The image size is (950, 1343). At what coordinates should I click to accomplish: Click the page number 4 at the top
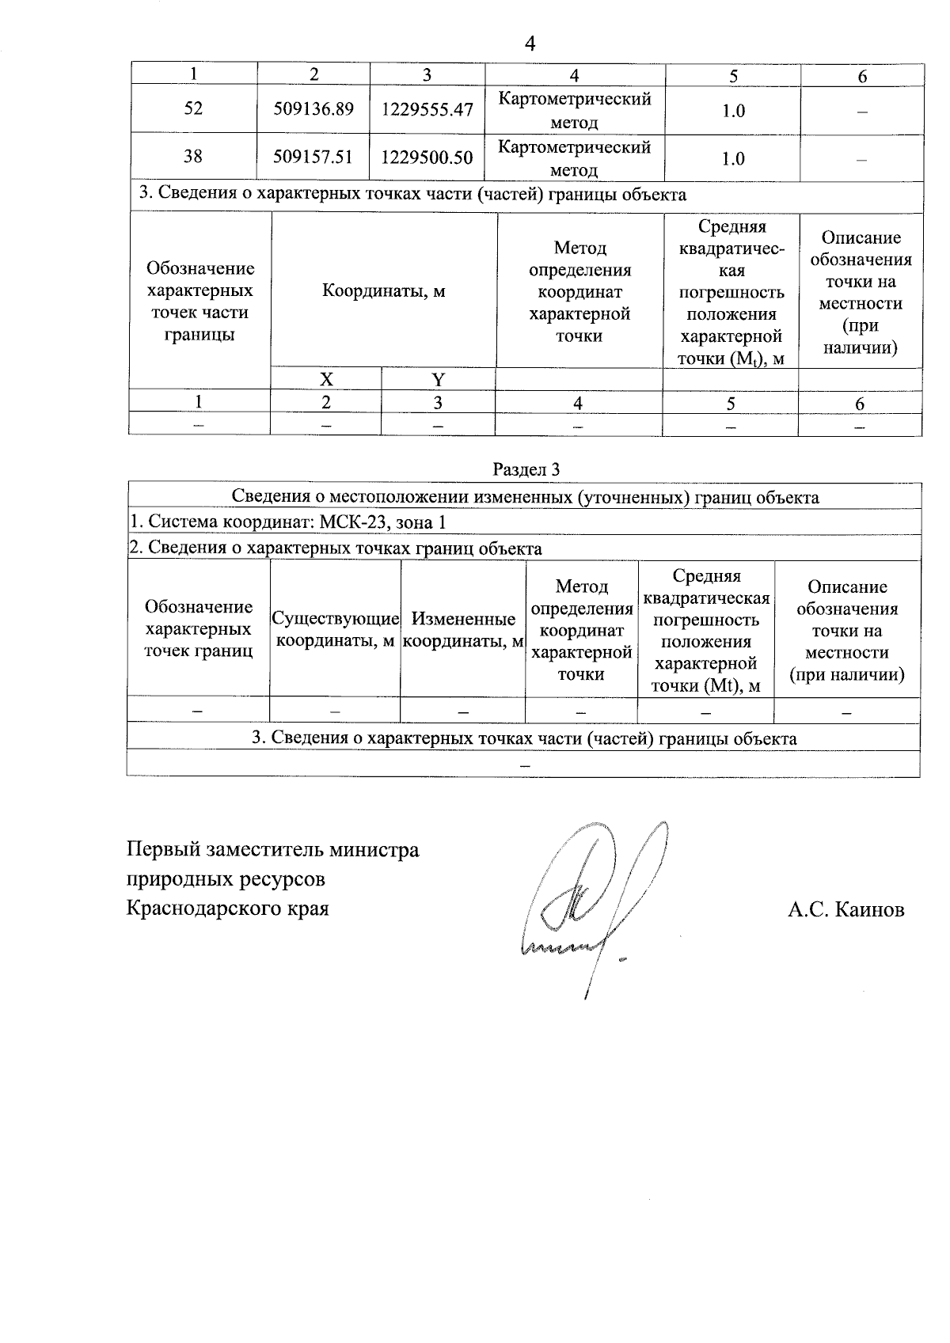[x=530, y=44]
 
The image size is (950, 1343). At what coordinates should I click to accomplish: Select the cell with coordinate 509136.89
[x=313, y=109]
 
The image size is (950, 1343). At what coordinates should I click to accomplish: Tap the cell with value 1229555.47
[x=427, y=109]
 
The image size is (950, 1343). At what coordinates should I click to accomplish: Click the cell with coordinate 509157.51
[x=313, y=157]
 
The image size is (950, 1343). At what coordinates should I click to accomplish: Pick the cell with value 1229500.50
[x=427, y=157]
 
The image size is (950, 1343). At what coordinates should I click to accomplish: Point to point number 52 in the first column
[x=193, y=108]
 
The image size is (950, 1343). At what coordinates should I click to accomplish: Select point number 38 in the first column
[x=193, y=157]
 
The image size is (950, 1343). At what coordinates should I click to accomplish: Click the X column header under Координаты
[x=325, y=379]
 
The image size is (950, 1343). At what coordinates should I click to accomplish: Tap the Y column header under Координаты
[x=438, y=379]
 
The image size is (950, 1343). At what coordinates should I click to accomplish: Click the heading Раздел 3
[x=526, y=470]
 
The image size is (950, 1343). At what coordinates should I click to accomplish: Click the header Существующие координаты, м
[x=334, y=629]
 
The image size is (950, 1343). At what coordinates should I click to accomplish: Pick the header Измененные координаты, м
[x=463, y=630]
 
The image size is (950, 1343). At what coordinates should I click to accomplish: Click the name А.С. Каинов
[x=845, y=910]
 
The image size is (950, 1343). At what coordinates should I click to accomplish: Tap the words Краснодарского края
[x=227, y=908]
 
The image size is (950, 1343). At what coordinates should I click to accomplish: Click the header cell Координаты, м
[x=383, y=291]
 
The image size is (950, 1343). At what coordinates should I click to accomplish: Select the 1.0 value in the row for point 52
[x=733, y=111]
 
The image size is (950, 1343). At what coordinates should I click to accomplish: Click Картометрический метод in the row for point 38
[x=574, y=158]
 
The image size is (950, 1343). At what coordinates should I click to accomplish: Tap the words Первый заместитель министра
[x=273, y=851]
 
